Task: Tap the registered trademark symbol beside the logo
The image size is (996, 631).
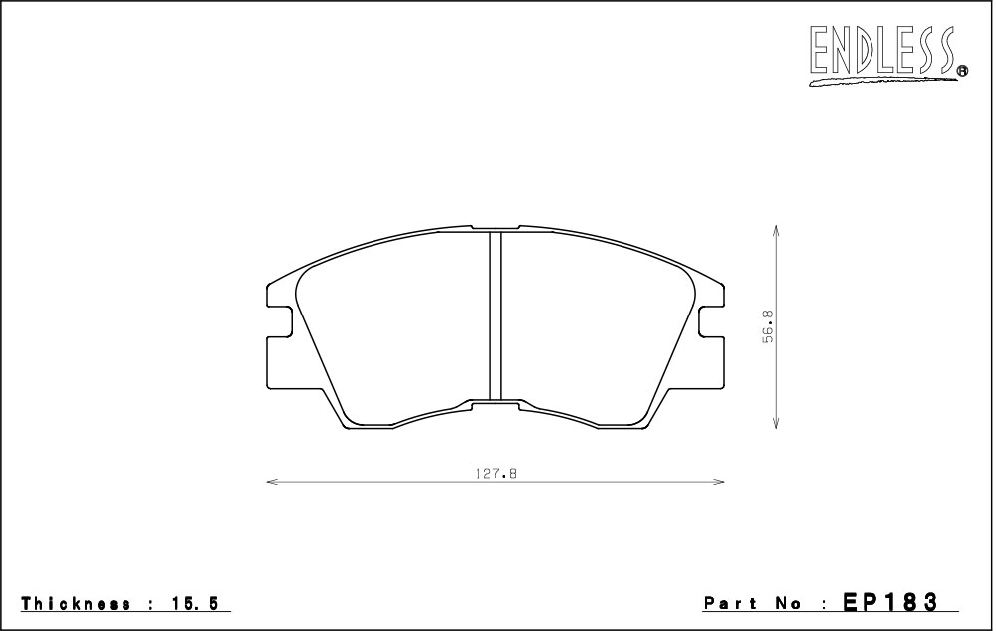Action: [x=962, y=71]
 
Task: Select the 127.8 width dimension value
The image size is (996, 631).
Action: [x=496, y=473]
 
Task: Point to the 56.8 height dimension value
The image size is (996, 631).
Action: [x=769, y=327]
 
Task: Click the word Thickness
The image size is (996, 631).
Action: [x=77, y=603]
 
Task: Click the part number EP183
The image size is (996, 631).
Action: [x=889, y=602]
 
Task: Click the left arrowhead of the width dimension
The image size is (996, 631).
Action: [x=272, y=482]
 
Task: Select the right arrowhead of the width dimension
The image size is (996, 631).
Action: [x=718, y=482]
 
